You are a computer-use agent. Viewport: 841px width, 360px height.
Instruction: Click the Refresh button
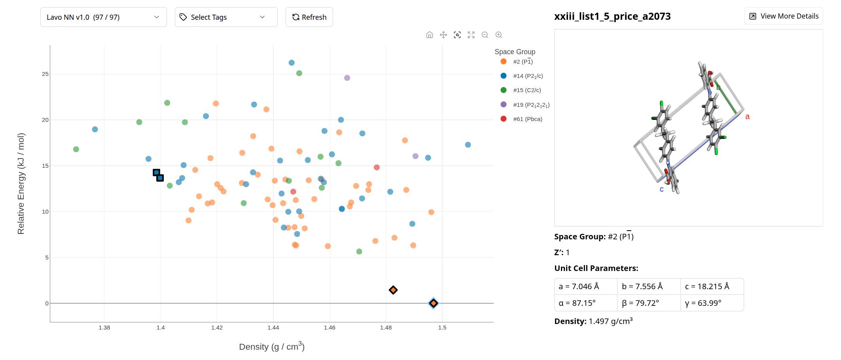(309, 17)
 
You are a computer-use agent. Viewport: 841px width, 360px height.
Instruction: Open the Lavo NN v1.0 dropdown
(103, 17)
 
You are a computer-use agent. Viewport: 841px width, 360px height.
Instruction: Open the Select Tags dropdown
(226, 17)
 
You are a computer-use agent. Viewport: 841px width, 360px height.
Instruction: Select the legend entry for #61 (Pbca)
(527, 119)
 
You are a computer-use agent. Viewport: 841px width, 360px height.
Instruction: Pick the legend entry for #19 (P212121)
(531, 105)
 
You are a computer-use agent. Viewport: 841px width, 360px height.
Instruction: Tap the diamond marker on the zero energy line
(434, 303)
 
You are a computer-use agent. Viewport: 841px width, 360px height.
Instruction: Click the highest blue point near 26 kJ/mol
(292, 63)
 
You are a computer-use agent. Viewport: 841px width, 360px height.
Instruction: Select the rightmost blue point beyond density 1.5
(468, 145)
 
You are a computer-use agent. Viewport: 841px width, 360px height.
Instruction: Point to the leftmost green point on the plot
(76, 149)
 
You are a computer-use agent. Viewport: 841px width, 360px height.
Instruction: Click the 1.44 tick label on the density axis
(273, 328)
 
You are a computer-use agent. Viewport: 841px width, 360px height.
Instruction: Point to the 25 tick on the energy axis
(45, 74)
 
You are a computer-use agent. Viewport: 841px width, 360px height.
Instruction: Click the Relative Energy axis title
(21, 184)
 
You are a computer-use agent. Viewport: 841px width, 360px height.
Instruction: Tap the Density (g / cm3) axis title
(271, 347)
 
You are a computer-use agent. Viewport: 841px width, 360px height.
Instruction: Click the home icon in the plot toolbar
(430, 35)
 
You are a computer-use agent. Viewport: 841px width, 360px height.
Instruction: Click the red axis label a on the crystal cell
(747, 117)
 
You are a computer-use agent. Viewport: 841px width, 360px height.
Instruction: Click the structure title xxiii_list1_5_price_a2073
(612, 16)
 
